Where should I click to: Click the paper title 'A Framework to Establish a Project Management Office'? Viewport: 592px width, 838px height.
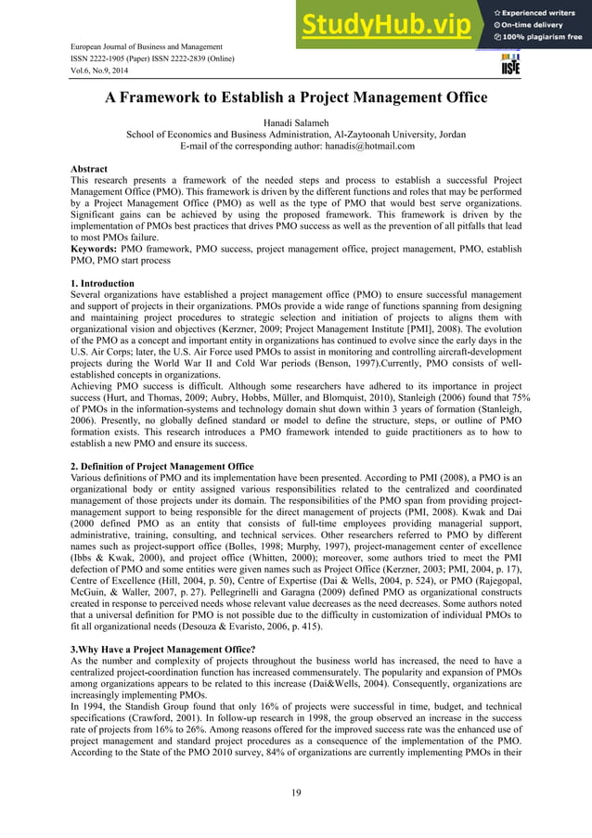tap(296, 98)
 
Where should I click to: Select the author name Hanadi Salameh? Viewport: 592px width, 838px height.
tap(296, 122)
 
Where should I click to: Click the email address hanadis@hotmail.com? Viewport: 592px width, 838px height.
tap(363, 146)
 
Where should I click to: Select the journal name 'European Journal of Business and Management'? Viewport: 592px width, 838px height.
tap(147, 46)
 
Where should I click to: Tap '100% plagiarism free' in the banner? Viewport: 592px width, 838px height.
tap(543, 37)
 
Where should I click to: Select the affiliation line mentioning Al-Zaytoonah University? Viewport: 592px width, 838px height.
tap(296, 134)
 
